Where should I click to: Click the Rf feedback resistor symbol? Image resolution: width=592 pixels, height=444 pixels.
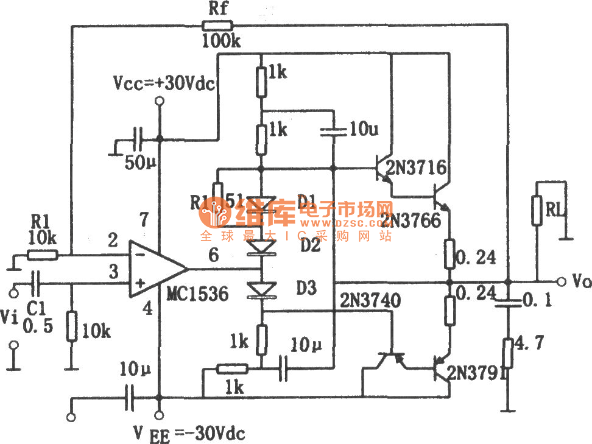pyautogui.click(x=217, y=26)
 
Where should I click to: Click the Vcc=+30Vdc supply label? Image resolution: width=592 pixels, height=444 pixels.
pyautogui.click(x=164, y=83)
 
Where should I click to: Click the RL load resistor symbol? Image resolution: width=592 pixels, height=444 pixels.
pyautogui.click(x=537, y=211)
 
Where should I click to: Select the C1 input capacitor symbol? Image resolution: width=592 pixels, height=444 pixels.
pyautogui.click(x=36, y=283)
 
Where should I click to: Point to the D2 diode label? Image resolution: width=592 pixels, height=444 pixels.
pyautogui.click(x=309, y=245)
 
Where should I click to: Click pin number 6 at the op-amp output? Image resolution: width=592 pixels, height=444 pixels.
pyautogui.click(x=214, y=256)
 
